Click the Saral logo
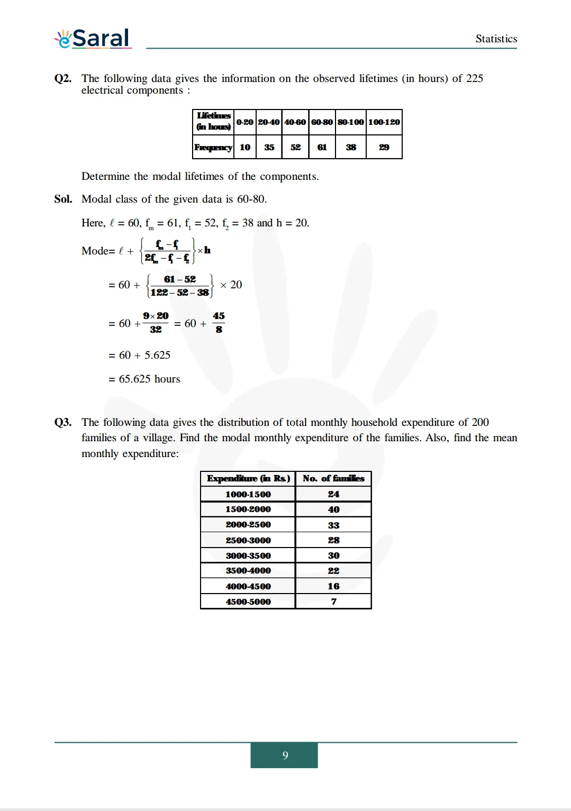[x=93, y=38]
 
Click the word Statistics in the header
[x=496, y=39]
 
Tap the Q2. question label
[x=62, y=78]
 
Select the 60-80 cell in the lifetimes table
[x=322, y=122]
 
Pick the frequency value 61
[x=322, y=147]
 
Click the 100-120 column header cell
[x=384, y=122]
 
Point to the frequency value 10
[x=245, y=147]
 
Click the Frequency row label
[x=213, y=147]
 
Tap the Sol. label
[x=63, y=199]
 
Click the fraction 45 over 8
[x=219, y=322]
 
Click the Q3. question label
[x=62, y=422]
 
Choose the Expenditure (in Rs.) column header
[x=248, y=478]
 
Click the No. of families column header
[x=333, y=478]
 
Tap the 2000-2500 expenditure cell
[x=248, y=524]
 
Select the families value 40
[x=333, y=509]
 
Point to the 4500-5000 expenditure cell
[x=248, y=602]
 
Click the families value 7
[x=333, y=602]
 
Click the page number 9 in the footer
[x=285, y=755]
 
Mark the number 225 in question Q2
[x=474, y=78]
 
